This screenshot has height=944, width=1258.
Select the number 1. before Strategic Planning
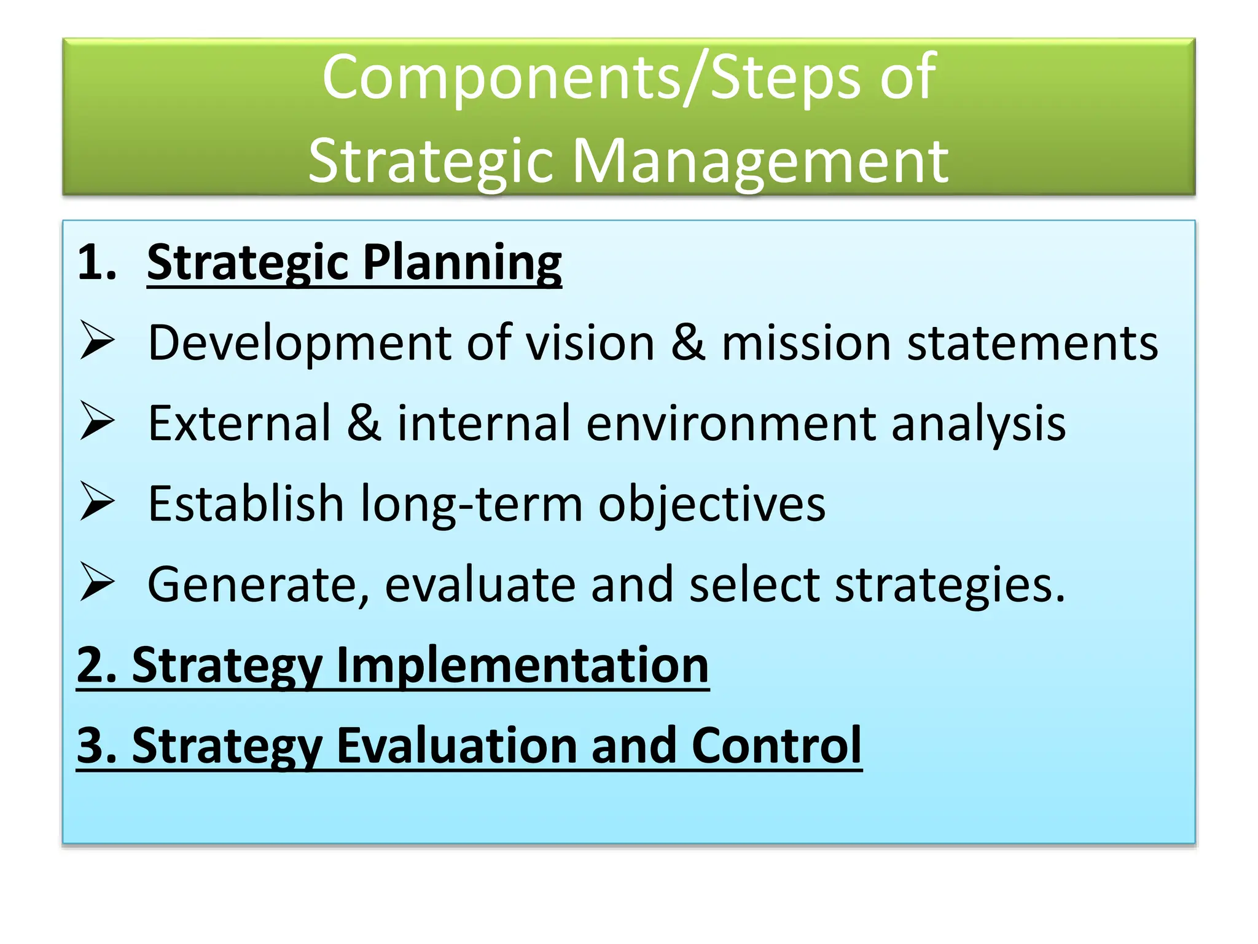click(x=97, y=263)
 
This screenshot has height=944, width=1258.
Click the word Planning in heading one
click(x=462, y=263)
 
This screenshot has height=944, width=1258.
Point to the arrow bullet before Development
click(x=97, y=342)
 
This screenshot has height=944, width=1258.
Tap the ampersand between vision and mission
click(x=687, y=343)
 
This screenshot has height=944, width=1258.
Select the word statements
click(x=1033, y=343)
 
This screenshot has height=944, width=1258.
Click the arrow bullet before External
click(x=97, y=422)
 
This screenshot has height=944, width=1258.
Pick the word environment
click(x=731, y=423)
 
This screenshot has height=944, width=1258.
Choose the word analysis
click(x=978, y=423)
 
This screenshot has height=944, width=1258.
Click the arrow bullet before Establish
click(x=97, y=503)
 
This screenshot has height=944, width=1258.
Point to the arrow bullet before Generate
click(x=97, y=583)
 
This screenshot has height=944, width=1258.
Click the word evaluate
click(x=480, y=584)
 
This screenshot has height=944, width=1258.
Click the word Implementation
click(x=522, y=665)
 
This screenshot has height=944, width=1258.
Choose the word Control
click(x=776, y=745)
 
